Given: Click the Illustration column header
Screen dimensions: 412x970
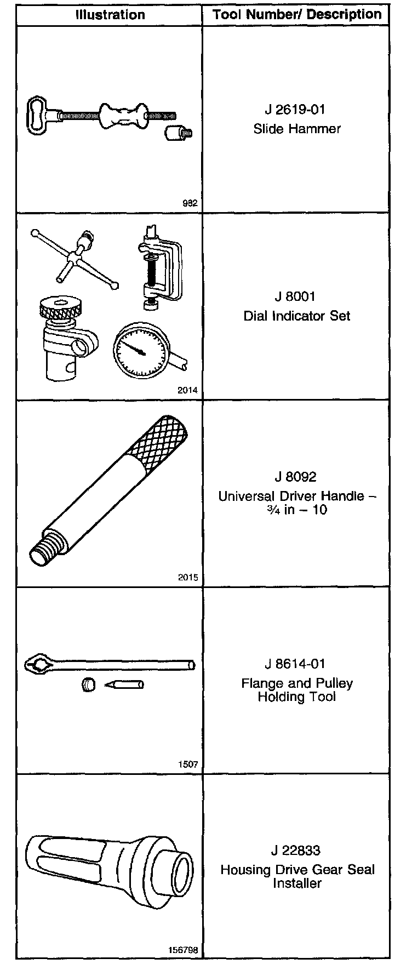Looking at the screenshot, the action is tap(110, 14).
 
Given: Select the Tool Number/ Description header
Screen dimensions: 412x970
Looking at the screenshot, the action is tap(296, 14).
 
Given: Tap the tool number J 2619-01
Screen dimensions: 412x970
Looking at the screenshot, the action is tap(295, 109).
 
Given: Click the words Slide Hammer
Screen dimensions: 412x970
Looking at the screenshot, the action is tap(296, 129).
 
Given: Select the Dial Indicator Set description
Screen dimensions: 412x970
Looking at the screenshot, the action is tap(296, 316).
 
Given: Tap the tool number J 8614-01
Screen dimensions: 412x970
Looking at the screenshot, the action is tap(295, 664).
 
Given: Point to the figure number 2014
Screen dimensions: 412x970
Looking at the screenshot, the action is tap(188, 390).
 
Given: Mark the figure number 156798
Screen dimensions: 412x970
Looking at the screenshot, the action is tap(184, 950).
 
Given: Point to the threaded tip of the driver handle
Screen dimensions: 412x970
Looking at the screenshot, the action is tap(44, 551).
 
